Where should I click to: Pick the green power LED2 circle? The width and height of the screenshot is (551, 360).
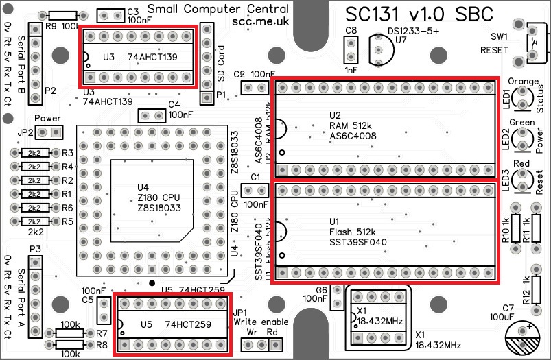524,141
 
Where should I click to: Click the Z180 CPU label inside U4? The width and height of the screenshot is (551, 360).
159,197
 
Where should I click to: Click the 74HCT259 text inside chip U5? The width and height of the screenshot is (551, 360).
188,324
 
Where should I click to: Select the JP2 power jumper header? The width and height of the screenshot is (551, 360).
49,132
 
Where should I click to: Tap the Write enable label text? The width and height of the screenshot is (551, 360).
261,321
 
